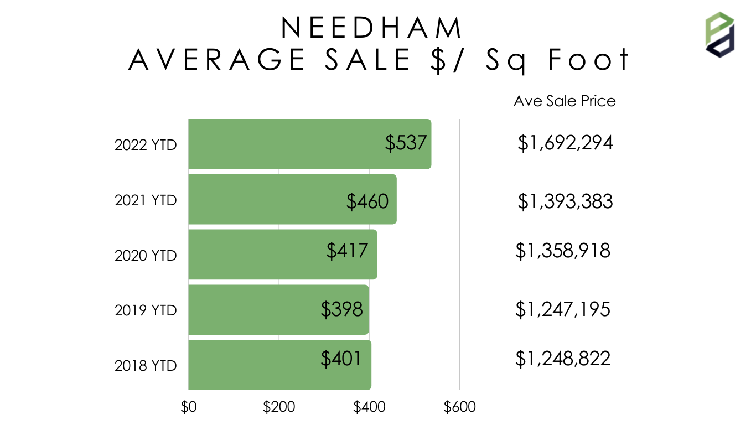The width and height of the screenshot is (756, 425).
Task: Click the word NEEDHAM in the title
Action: click(371, 28)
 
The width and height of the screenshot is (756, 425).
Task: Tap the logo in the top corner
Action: click(719, 34)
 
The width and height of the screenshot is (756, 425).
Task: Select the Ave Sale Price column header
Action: click(565, 101)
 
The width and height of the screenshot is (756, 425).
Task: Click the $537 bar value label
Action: click(406, 143)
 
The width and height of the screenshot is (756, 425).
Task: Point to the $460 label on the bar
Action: click(367, 201)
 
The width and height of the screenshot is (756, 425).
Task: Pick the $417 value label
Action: click(347, 251)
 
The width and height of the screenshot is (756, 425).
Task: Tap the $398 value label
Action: click(341, 309)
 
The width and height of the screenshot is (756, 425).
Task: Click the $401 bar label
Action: click(341, 359)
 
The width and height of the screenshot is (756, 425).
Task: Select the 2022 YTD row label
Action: click(146, 145)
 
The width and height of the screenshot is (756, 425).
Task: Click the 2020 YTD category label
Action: click(146, 256)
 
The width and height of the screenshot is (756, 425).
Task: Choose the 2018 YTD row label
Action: click(146, 366)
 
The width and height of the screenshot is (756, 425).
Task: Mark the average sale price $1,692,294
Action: click(565, 143)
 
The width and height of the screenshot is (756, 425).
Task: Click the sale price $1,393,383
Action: click(565, 201)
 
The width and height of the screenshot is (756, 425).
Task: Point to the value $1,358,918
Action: click(563, 251)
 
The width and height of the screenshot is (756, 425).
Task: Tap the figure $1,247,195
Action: click(563, 309)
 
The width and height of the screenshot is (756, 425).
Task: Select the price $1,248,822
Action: click(563, 359)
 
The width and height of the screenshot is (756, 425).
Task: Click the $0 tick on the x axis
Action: click(189, 407)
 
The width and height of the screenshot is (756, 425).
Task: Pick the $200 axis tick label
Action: click(279, 407)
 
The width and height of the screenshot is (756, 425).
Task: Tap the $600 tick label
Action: click(459, 407)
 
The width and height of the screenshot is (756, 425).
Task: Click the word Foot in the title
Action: click(588, 60)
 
